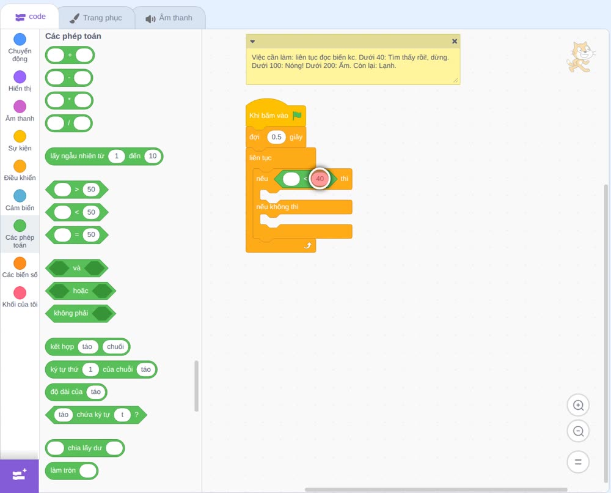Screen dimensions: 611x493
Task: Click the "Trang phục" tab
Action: (97, 18)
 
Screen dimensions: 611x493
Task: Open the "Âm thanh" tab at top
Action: (169, 18)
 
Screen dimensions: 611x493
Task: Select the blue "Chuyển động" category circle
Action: (20, 39)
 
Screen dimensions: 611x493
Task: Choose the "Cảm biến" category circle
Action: (20, 196)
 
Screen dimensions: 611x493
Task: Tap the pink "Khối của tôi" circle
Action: (20, 292)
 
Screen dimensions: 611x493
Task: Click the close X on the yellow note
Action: (455, 41)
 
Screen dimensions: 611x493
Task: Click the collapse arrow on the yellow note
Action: (252, 42)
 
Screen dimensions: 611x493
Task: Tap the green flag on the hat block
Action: (297, 116)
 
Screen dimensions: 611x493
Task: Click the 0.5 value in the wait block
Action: (276, 137)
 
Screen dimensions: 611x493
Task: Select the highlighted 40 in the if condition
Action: (320, 179)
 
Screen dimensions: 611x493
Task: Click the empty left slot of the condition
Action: (291, 179)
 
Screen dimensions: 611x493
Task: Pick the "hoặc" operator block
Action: (81, 291)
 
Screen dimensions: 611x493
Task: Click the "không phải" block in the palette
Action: (81, 313)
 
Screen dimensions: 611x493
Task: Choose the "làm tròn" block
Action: (71, 470)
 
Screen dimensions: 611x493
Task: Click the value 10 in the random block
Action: (152, 156)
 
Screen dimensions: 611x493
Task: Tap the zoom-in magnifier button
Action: (578, 406)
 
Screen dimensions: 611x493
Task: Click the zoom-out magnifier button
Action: (578, 431)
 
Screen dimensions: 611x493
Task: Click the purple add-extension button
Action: (19, 475)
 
